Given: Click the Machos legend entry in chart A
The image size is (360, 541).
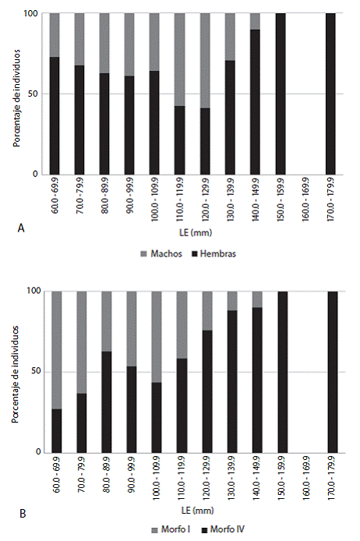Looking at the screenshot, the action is (x=161, y=254).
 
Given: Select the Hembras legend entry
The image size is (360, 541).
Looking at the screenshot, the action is (x=214, y=254).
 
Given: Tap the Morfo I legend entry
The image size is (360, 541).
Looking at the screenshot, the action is (x=171, y=529).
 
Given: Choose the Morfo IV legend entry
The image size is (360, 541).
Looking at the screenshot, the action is (x=223, y=529).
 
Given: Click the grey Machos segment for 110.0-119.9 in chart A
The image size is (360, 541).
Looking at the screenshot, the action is (x=179, y=59).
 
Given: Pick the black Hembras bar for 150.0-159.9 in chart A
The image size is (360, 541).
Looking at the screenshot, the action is (x=281, y=94).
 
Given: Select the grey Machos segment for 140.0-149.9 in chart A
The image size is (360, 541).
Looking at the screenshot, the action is (x=255, y=21).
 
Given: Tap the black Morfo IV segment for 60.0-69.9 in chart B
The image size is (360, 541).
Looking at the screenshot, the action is (x=57, y=430).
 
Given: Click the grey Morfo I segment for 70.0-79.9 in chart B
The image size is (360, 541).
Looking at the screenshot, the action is (x=81, y=342).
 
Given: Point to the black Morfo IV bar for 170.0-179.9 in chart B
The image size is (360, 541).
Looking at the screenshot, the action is (x=333, y=372).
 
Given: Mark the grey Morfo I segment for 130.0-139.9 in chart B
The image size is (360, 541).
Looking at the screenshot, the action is (x=232, y=301).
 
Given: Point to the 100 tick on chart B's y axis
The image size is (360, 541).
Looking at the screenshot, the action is (x=34, y=291).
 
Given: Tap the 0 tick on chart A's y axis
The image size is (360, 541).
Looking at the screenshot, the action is (x=35, y=174).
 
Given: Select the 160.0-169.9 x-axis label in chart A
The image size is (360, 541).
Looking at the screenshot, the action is (x=305, y=200).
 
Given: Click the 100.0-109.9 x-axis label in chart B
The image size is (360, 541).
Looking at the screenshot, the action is (x=157, y=478).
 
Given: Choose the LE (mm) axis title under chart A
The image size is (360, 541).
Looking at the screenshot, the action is (x=196, y=232).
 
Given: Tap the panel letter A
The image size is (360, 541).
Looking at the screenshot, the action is (x=21, y=228).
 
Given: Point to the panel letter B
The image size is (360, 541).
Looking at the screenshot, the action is (x=23, y=514).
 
